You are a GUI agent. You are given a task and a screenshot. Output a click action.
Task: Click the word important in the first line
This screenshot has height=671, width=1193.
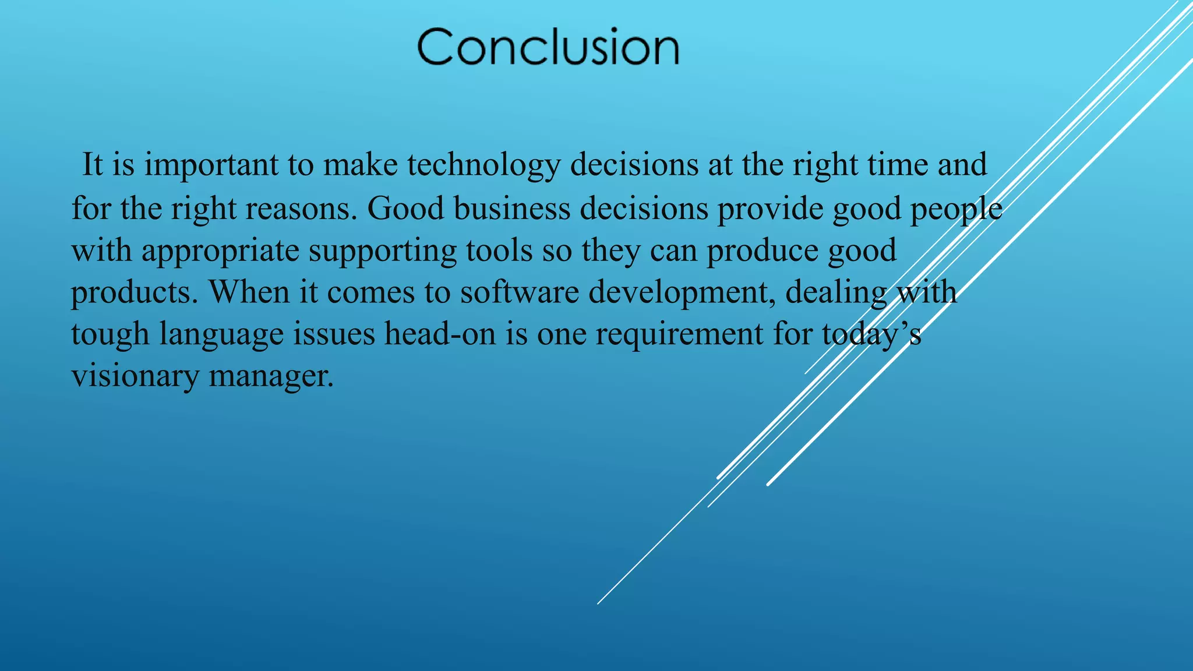click(x=211, y=165)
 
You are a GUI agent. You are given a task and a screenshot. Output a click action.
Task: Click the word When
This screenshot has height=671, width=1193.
click(x=249, y=292)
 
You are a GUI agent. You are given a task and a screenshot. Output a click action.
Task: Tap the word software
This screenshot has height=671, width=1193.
click(x=520, y=292)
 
